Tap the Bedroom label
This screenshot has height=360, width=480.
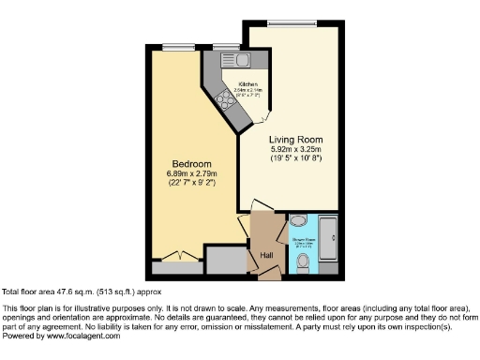pyautogui.click(x=191, y=163)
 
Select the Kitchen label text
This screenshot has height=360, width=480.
pyautogui.click(x=247, y=84)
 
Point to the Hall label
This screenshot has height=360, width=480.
pyautogui.click(x=266, y=255)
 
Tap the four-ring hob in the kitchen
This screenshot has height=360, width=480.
pyautogui.click(x=226, y=97)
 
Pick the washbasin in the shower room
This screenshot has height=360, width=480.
pyautogui.click(x=297, y=221)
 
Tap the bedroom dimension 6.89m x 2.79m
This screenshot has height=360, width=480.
pyautogui.click(x=191, y=174)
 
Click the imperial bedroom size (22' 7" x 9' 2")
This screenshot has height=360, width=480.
pyautogui.click(x=191, y=184)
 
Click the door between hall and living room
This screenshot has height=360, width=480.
pyautogui.click(x=262, y=208)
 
